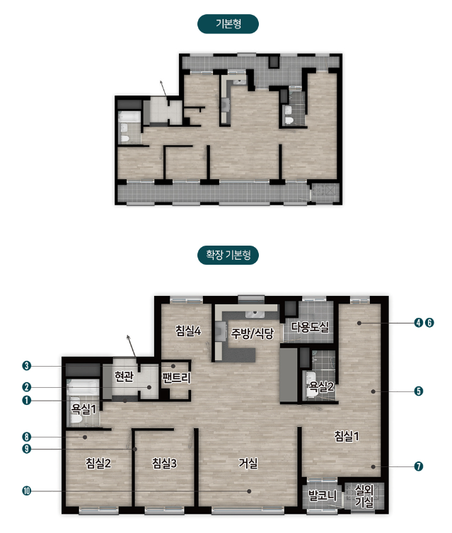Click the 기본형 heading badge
[x=228, y=24]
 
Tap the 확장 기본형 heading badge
[x=228, y=255]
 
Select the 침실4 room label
[x=188, y=331]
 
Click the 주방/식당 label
[x=253, y=333]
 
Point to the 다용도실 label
[x=310, y=327]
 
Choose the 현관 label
[x=124, y=377]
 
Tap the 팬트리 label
[x=176, y=378]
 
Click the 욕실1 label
[x=83, y=408]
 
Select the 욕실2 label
[x=321, y=386]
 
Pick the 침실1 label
[x=347, y=436]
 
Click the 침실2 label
[x=98, y=463]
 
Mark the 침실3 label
[x=164, y=463]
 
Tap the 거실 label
[x=248, y=463]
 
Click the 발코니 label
[x=323, y=495]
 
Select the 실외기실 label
[x=364, y=496]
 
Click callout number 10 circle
[x=26, y=491]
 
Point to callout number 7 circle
[x=419, y=466]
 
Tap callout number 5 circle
[x=419, y=391]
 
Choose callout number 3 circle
[x=26, y=366]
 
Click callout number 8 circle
[x=26, y=437]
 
